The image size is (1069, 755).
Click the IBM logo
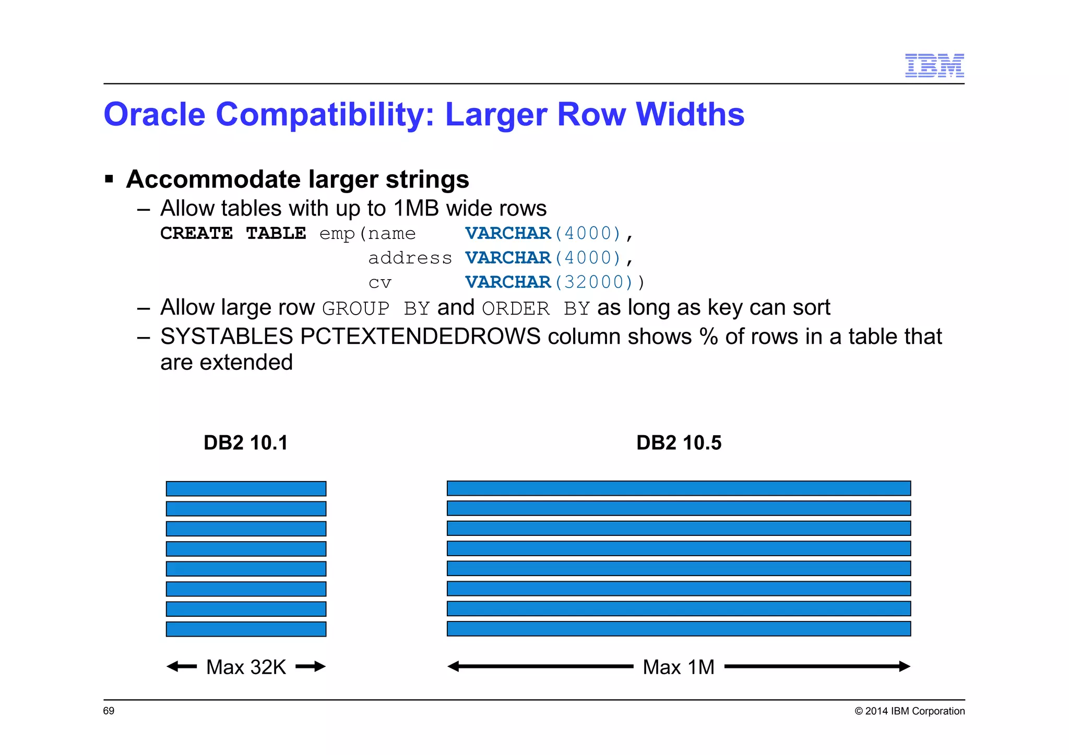pyautogui.click(x=934, y=65)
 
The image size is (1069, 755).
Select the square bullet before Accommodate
pyautogui.click(x=109, y=179)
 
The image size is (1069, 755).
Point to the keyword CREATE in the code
pyautogui.click(x=196, y=233)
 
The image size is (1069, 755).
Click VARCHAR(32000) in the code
pyautogui.click(x=555, y=282)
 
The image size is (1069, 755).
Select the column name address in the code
pyautogui.click(x=410, y=258)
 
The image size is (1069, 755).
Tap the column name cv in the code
pyautogui.click(x=379, y=282)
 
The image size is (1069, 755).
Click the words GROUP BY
pyautogui.click(x=376, y=308)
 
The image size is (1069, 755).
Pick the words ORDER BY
pyautogui.click(x=536, y=308)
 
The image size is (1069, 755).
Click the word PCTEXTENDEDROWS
pyautogui.click(x=420, y=337)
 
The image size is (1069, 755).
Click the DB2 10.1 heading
pyautogui.click(x=245, y=442)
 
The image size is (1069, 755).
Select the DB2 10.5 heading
pyautogui.click(x=679, y=442)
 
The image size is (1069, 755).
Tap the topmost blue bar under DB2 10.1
pyautogui.click(x=246, y=489)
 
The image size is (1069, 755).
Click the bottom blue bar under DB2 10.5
pyautogui.click(x=679, y=629)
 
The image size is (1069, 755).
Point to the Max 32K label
pyautogui.click(x=246, y=667)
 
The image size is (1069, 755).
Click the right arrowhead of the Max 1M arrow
pyautogui.click(x=905, y=666)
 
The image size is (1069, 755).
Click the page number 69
pyautogui.click(x=109, y=711)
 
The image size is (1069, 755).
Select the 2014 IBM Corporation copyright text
pyautogui.click(x=909, y=711)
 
